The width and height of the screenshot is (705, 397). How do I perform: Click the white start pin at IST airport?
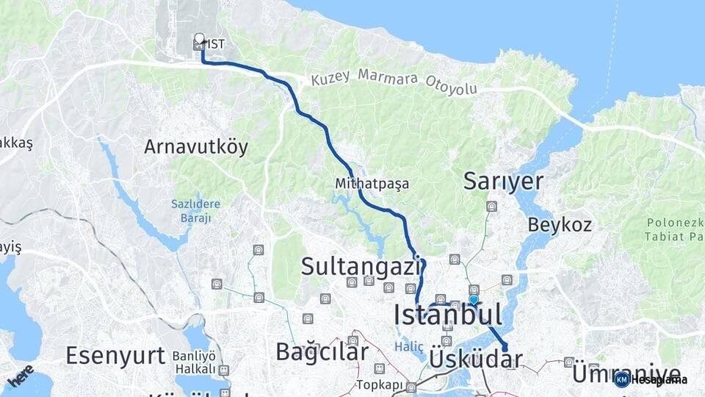click(199, 37)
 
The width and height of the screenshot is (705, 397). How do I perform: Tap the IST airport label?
click(215, 44)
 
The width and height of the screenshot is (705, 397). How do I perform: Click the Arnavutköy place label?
click(196, 146)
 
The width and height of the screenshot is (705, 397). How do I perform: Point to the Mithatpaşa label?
click(372, 183)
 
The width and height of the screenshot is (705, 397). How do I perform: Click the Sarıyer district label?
click(503, 182)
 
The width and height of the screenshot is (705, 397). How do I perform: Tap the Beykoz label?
click(560, 224)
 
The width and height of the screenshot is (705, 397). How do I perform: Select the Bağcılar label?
click(322, 351)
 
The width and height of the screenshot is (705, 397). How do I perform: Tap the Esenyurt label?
click(115, 356)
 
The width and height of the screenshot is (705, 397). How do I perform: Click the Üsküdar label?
click(475, 359)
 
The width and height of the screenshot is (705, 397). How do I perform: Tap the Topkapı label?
click(381, 385)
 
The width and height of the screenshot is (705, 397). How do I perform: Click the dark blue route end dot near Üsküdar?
click(505, 348)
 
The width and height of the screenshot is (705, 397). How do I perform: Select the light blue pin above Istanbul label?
click(474, 300)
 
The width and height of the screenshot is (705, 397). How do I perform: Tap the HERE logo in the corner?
click(20, 376)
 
